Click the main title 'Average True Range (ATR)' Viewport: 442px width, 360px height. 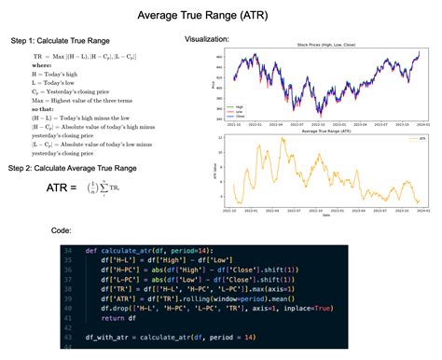pyautogui.click(x=220, y=16)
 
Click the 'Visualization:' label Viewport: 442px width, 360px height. pyautogui.click(x=213, y=38)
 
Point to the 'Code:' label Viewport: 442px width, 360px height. pyautogui.click(x=62, y=229)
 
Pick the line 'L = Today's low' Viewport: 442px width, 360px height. pyautogui.click(x=58, y=84)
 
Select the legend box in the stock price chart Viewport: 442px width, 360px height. pyautogui.click(x=246, y=111)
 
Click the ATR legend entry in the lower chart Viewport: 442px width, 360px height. pyautogui.click(x=414, y=140)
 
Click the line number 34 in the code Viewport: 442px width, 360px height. pyautogui.click(x=68, y=252)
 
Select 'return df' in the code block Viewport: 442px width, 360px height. pyautogui.click(x=119, y=319)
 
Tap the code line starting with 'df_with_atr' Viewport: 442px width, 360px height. pyautogui.click(x=164, y=336)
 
